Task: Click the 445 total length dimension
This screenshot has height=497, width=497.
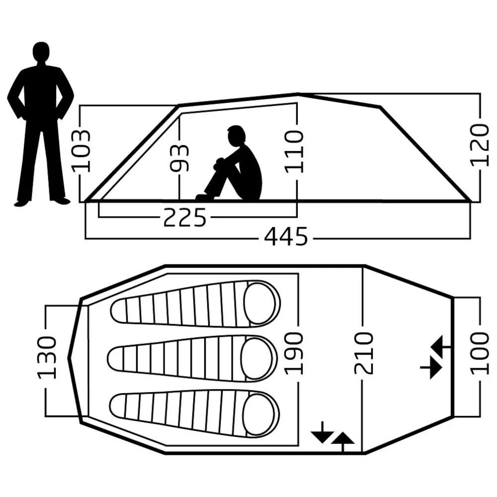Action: click(286, 237)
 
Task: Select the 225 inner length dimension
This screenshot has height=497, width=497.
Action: click(185, 218)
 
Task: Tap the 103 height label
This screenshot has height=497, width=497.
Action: click(82, 151)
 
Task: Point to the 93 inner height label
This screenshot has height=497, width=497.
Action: click(179, 158)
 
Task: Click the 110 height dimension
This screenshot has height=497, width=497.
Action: click(294, 152)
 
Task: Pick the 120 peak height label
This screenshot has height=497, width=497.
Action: click(479, 145)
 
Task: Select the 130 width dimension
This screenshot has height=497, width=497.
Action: click(47, 357)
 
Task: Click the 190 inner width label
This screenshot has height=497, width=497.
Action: click(294, 353)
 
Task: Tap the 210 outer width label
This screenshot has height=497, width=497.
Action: click(363, 353)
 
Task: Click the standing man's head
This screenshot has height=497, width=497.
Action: click(41, 52)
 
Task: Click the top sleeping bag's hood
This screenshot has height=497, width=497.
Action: click(260, 304)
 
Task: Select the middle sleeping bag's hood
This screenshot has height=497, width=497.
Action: click(257, 359)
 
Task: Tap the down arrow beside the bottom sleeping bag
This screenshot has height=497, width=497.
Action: click(322, 432)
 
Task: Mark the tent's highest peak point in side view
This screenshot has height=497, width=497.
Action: click(298, 94)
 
